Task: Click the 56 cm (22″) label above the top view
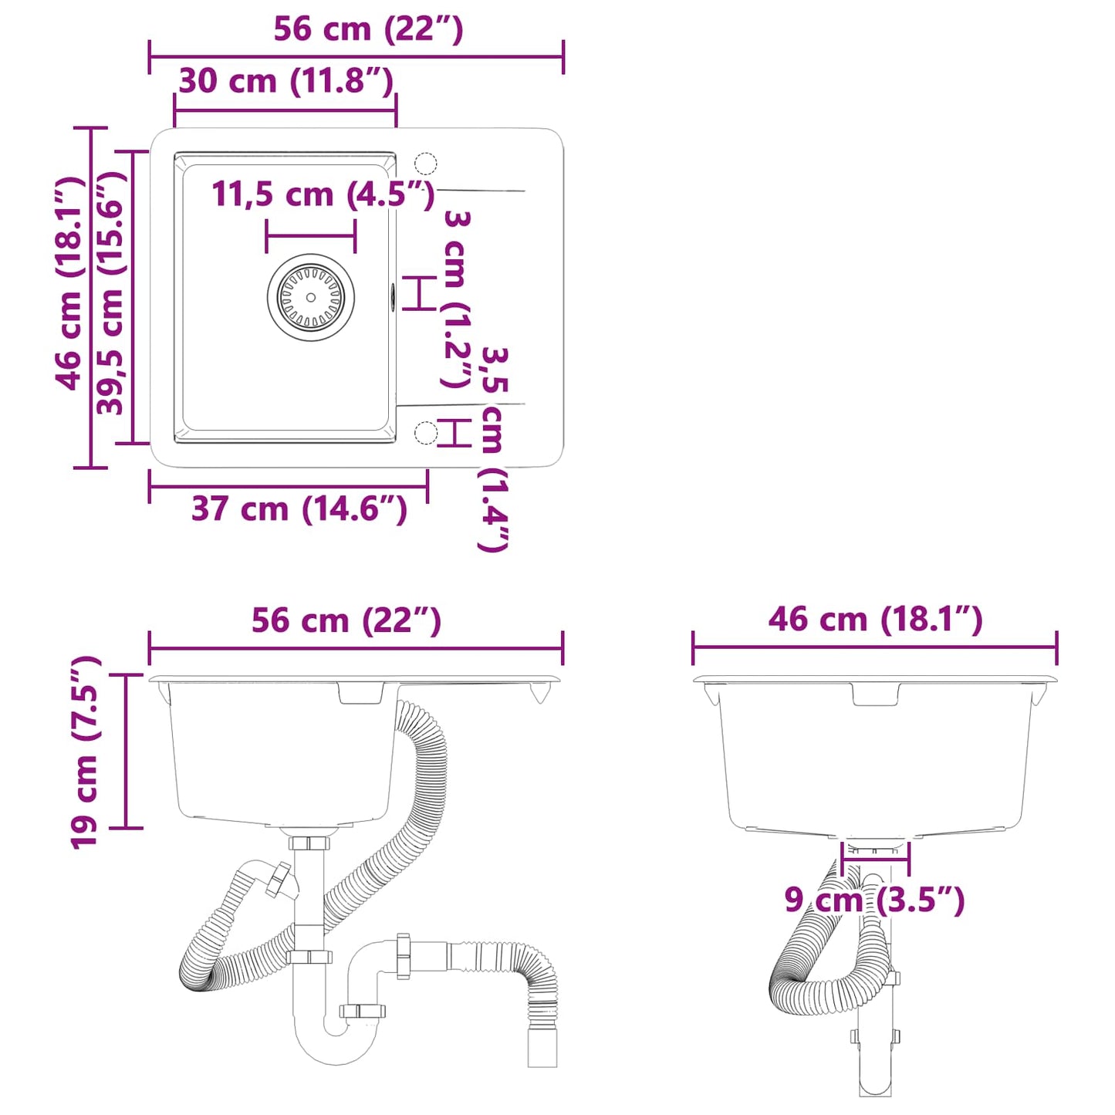368,29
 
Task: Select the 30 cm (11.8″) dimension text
286,81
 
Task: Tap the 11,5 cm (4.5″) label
323,194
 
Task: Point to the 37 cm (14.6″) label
299,509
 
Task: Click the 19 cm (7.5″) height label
85,752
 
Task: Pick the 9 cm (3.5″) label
874,900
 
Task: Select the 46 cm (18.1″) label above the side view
875,620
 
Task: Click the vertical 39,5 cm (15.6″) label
110,292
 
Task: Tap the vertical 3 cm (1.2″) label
456,299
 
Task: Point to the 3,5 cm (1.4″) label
494,449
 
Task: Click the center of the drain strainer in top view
311,297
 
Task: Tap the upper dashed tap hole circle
426,164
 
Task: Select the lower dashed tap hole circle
426,433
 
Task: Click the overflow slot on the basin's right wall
393,296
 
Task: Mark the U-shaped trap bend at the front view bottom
336,1046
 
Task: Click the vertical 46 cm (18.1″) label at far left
69,282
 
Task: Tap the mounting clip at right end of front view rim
541,692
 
